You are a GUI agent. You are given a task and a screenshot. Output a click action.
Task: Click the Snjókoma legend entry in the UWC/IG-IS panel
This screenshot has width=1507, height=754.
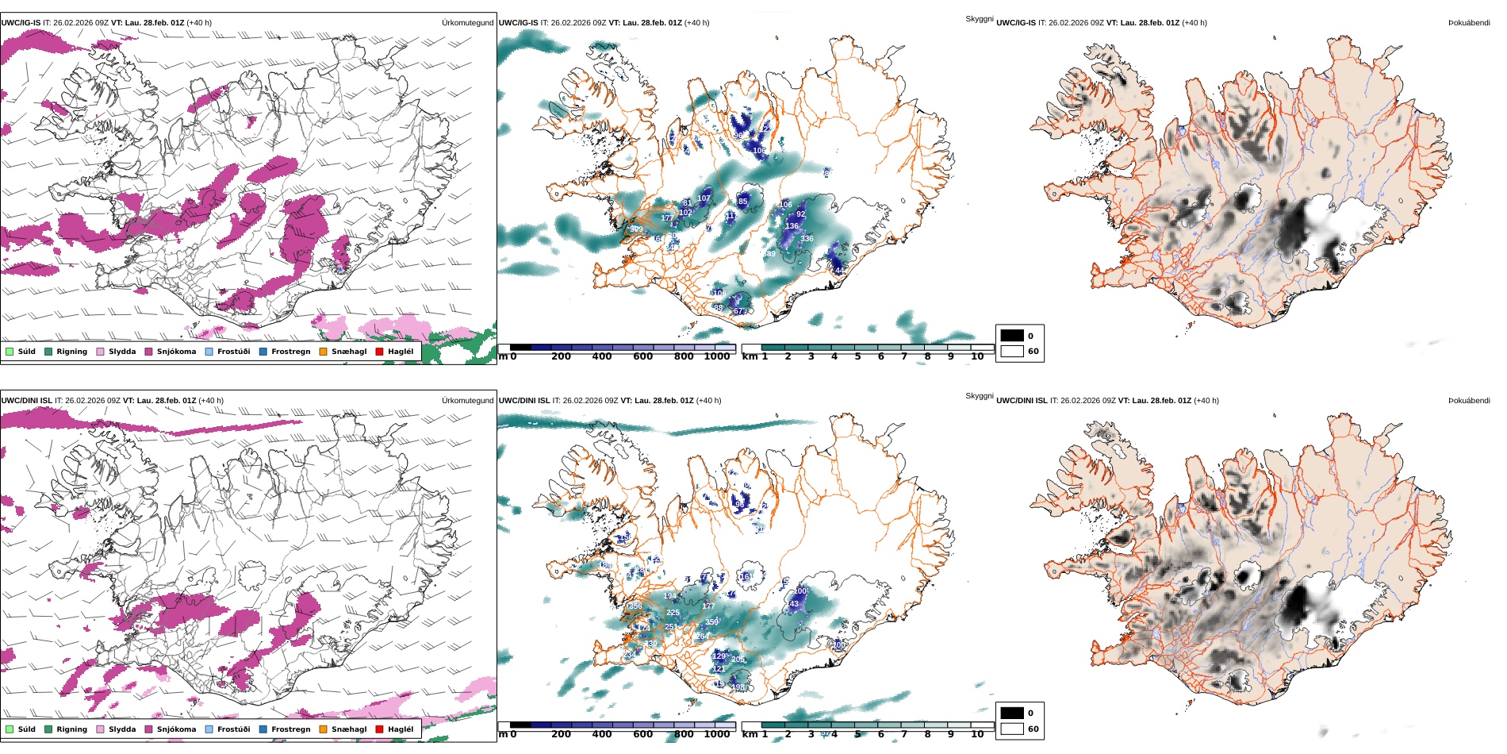click(176, 352)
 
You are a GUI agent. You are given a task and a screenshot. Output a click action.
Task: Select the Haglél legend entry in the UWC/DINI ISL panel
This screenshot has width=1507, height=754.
click(400, 729)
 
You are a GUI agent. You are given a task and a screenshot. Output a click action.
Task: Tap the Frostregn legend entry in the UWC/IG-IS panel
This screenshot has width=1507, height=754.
click(290, 352)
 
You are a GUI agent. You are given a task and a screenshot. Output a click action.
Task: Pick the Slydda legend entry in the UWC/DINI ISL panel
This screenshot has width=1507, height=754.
click(121, 729)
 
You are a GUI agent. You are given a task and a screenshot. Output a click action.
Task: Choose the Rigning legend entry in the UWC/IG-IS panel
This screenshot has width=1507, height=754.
click(71, 352)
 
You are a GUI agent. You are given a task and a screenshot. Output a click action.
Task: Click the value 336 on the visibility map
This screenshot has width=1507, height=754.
click(807, 239)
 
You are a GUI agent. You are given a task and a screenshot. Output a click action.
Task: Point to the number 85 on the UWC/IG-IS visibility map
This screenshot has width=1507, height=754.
click(743, 202)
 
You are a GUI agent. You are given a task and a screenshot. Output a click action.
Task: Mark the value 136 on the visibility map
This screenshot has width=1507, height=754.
click(792, 226)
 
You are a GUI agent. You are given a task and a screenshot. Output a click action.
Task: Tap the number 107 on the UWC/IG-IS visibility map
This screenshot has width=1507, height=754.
click(704, 198)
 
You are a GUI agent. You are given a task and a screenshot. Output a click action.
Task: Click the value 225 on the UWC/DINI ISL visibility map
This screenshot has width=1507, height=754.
click(673, 613)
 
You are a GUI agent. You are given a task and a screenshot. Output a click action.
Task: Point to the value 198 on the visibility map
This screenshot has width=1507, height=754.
click(738, 687)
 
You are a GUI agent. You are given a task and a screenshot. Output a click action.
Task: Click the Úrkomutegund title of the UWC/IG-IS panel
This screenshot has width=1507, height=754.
click(467, 23)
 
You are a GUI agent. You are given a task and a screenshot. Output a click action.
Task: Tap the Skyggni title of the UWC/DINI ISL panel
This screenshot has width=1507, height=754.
click(979, 395)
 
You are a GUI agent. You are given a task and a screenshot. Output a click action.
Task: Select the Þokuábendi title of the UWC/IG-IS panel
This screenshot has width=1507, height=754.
click(1469, 23)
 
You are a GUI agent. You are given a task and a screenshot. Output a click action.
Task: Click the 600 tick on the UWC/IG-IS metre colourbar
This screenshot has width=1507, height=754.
click(642, 356)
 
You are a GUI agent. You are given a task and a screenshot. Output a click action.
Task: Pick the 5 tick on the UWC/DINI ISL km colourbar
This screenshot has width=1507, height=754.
click(857, 734)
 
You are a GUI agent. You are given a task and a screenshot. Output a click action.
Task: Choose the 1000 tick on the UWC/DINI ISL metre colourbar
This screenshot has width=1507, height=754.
click(716, 734)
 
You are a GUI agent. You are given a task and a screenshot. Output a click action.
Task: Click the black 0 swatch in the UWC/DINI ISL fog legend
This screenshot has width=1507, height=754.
click(1012, 713)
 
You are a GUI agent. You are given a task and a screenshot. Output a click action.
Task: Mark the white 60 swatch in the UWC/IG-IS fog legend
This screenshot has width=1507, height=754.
click(1012, 351)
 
